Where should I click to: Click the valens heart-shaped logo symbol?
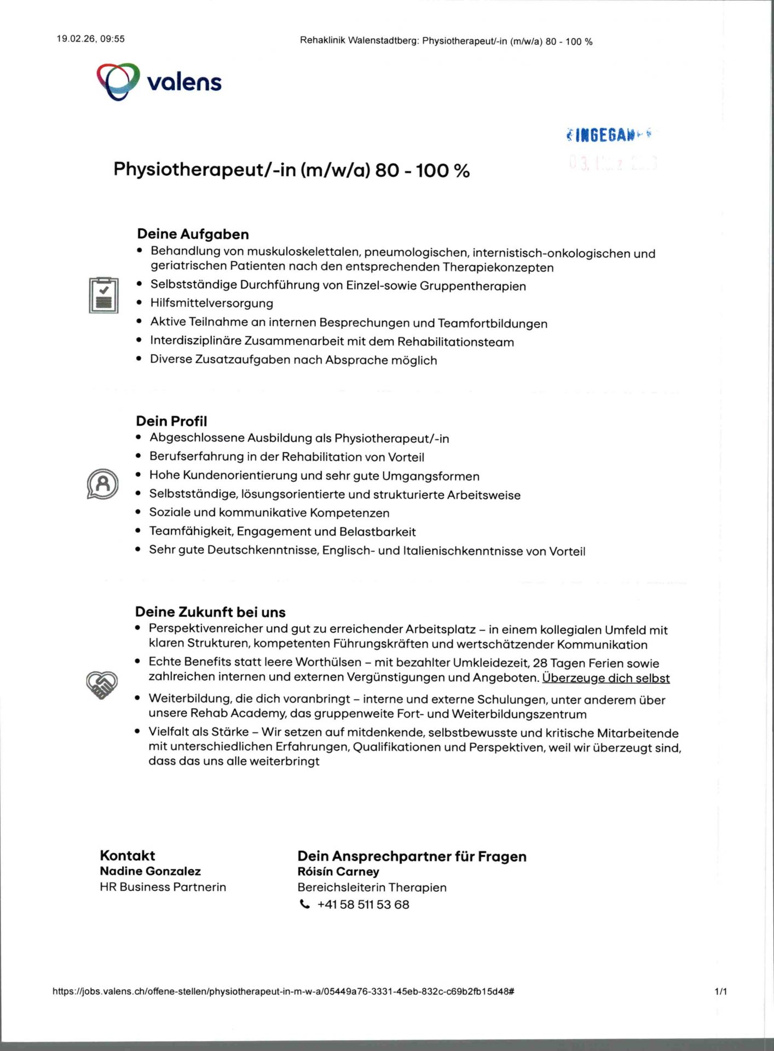pos(118,82)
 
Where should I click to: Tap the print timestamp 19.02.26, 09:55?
pos(90,39)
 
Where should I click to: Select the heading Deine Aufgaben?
pos(193,234)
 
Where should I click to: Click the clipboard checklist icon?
pos(103,296)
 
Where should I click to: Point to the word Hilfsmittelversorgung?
pos(211,303)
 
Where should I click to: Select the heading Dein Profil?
pos(171,421)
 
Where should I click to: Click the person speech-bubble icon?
pos(102,484)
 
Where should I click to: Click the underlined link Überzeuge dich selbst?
pos(605,678)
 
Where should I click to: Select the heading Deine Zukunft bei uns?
pos(210,611)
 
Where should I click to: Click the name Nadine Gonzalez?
pos(150,871)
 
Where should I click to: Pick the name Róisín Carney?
pos(338,871)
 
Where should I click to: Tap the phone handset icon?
pos(304,904)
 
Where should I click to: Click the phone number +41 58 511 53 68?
pos(363,904)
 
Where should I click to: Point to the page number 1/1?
pos(721,991)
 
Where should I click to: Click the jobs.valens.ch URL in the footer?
pos(283,991)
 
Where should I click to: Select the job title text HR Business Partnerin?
pos(163,887)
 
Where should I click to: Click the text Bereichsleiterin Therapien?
pos(372,887)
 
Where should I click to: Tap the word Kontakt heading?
pos(127,855)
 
